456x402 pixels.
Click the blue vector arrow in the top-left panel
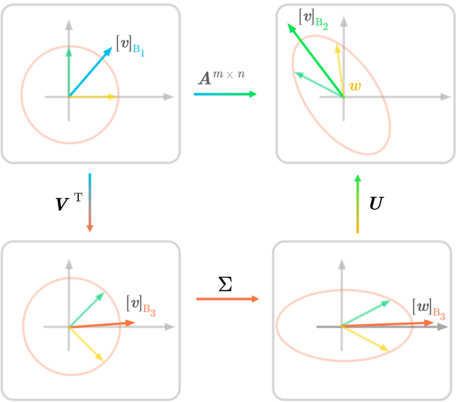91,71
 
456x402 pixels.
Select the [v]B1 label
131,46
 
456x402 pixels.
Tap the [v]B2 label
313,19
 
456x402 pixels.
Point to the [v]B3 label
141,306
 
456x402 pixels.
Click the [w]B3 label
429,310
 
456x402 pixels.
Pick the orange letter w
355,86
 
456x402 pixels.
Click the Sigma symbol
225,284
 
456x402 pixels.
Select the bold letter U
377,203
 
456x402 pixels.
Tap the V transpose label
69,201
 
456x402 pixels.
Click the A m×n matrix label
222,78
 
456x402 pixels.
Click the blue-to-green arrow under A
225,94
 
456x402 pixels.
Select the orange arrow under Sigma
227,299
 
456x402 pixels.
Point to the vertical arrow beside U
358,204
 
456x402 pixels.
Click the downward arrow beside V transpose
90,203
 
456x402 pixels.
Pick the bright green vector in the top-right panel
316,60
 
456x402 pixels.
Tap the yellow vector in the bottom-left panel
87,344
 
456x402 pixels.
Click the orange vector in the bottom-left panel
102,324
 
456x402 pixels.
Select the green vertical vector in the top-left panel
68,72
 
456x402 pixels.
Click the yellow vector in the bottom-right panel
365,339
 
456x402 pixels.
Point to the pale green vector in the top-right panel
319,84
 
